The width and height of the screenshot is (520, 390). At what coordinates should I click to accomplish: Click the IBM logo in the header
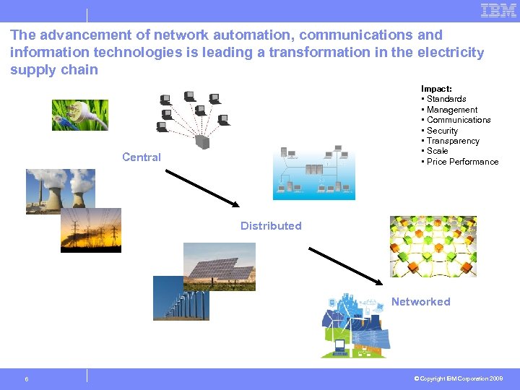coord(498,11)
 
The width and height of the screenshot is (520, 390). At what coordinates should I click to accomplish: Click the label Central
coord(142,157)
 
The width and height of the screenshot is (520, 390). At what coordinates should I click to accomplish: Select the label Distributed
coord(271,226)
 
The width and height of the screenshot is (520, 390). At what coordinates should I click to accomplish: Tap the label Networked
coord(420,302)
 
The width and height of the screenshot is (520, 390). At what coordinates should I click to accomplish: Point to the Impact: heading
coord(436,89)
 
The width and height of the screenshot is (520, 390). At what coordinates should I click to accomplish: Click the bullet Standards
coord(446,99)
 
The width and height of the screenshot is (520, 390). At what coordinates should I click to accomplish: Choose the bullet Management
coord(451,110)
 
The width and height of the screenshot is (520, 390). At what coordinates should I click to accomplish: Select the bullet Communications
coord(458,120)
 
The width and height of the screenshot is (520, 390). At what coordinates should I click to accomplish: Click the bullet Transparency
coord(452,141)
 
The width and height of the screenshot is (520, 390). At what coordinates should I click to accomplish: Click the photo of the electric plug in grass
coord(79,115)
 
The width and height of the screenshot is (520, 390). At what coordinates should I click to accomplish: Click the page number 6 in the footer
coord(26,378)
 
